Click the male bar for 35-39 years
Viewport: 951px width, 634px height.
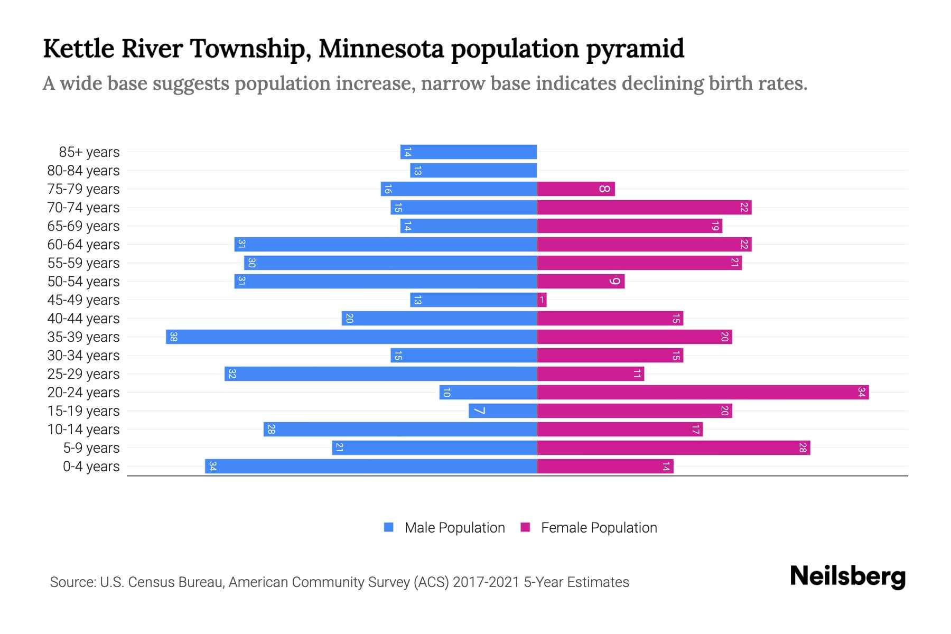(351, 337)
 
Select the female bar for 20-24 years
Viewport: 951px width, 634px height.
(703, 393)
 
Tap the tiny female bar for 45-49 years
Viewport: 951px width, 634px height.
(542, 300)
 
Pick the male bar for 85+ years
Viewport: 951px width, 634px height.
(469, 152)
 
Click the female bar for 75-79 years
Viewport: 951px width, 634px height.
(576, 189)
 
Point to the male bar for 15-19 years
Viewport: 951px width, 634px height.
(502, 411)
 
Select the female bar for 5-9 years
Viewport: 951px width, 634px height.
(674, 448)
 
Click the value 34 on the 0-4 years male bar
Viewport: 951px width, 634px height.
(212, 467)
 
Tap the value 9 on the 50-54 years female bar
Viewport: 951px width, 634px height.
(614, 282)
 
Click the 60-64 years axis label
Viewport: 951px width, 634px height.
(83, 245)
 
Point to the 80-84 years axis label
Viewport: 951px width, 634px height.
(83, 171)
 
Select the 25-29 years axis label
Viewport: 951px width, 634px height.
(83, 374)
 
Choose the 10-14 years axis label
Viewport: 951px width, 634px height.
(83, 430)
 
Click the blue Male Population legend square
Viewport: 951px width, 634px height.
(389, 527)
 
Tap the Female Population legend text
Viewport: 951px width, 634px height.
(599, 528)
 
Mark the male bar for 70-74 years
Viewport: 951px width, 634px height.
(463, 208)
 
